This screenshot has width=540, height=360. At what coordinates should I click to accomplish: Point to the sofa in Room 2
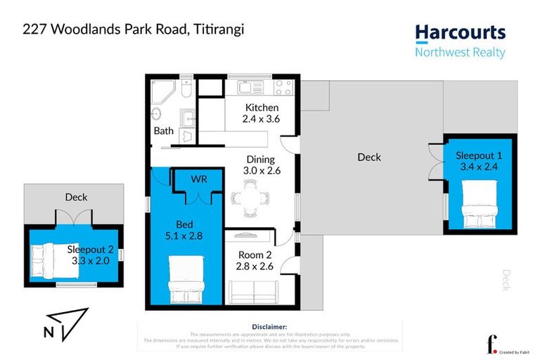click(253, 290)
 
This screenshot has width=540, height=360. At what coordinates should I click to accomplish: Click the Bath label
click(163, 131)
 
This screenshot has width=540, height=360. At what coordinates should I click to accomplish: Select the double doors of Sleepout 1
click(436, 162)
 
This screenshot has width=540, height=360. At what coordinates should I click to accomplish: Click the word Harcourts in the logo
click(460, 33)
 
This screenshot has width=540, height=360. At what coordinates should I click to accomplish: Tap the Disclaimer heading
click(269, 327)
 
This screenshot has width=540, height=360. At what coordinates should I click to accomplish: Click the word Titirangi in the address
click(212, 30)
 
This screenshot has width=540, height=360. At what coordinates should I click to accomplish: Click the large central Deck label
click(369, 157)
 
